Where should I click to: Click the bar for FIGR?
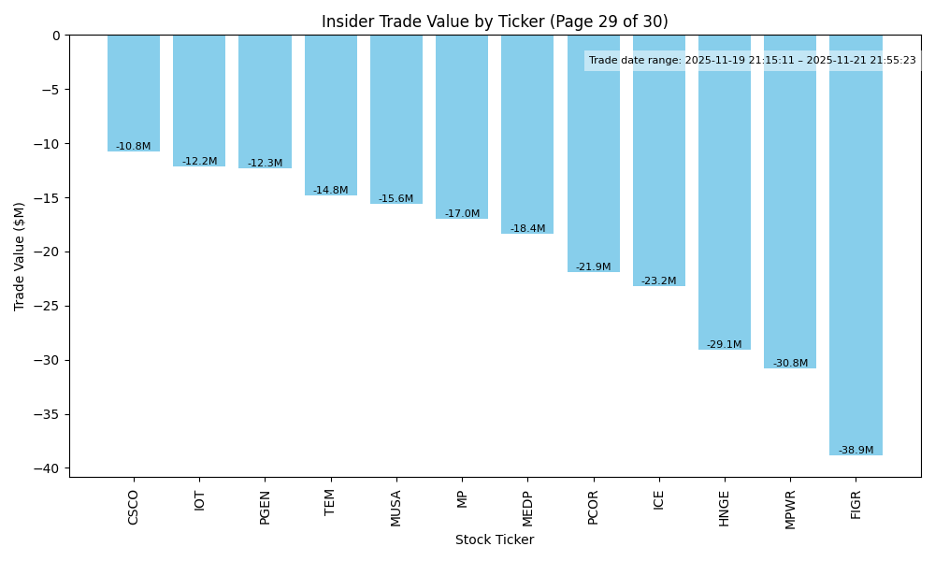coord(856,245)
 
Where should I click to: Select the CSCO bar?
coord(134,93)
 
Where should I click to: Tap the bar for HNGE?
coord(725,193)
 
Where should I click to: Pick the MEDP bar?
coord(527,135)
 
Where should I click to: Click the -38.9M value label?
coord(856,451)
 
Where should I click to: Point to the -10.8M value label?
coord(134,147)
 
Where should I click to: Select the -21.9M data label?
coord(594,267)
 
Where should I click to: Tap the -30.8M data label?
coord(790,364)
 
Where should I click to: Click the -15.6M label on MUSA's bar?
coord(396,199)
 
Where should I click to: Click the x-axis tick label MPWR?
coord(791,509)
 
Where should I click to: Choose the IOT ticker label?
coord(199,500)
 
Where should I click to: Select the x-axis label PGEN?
coord(266,507)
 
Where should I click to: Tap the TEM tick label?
coord(331,502)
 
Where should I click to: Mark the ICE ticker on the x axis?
coord(659,500)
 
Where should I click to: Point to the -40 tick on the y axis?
coord(50,468)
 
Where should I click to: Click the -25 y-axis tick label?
coord(50,306)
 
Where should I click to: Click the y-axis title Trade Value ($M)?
coord(20,256)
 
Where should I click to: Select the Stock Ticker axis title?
coord(495,540)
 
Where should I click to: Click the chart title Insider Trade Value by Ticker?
coord(495,22)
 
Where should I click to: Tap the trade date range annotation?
coord(753,61)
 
